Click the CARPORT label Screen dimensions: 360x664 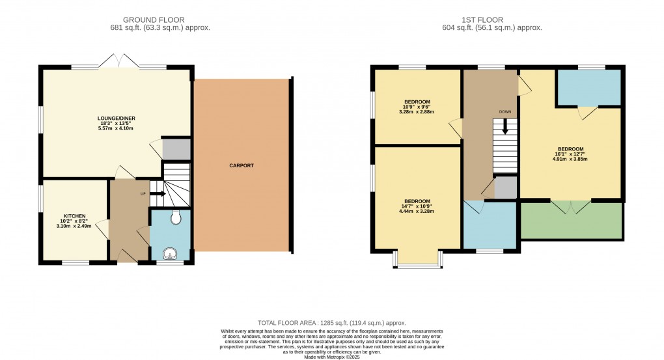click(x=242, y=165)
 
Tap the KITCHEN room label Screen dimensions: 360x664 click(x=74, y=215)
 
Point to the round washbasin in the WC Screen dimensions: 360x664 click(x=170, y=253)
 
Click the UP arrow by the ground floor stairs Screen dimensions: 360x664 click(x=156, y=193)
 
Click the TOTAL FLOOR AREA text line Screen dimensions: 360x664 click(x=332, y=322)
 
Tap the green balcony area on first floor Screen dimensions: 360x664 click(x=571, y=221)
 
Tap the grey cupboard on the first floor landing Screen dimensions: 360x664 click(x=505, y=188)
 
